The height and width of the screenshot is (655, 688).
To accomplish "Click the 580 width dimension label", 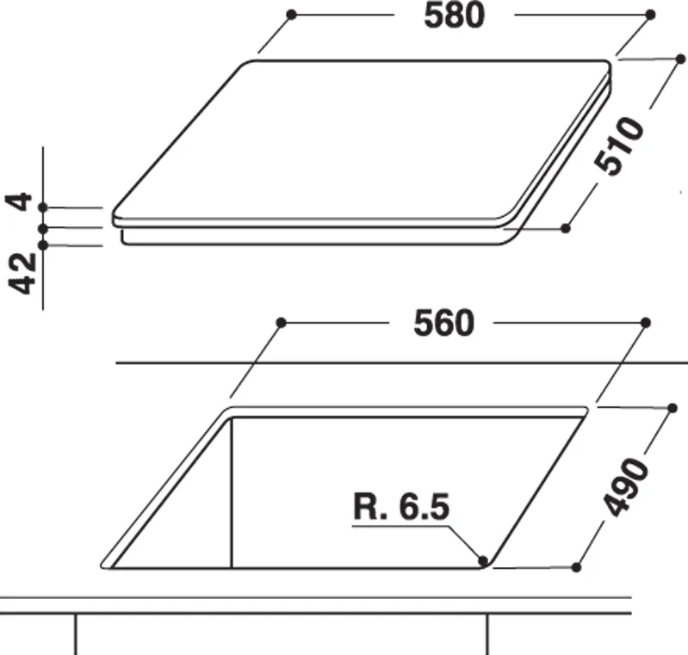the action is click(454, 15).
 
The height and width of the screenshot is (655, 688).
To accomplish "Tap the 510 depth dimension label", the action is click(620, 146).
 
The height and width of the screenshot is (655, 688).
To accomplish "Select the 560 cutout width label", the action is click(443, 324).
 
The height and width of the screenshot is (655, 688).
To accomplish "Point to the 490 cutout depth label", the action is click(626, 487).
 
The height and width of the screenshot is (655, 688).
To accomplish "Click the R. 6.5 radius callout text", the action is click(401, 507).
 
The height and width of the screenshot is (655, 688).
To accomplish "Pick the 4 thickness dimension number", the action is click(19, 201).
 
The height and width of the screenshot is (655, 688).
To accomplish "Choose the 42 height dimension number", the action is click(22, 273).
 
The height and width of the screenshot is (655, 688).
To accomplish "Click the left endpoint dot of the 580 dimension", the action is click(291, 15).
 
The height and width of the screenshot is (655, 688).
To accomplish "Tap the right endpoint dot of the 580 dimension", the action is click(650, 15).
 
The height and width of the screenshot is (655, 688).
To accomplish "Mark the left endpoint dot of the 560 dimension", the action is click(282, 323).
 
